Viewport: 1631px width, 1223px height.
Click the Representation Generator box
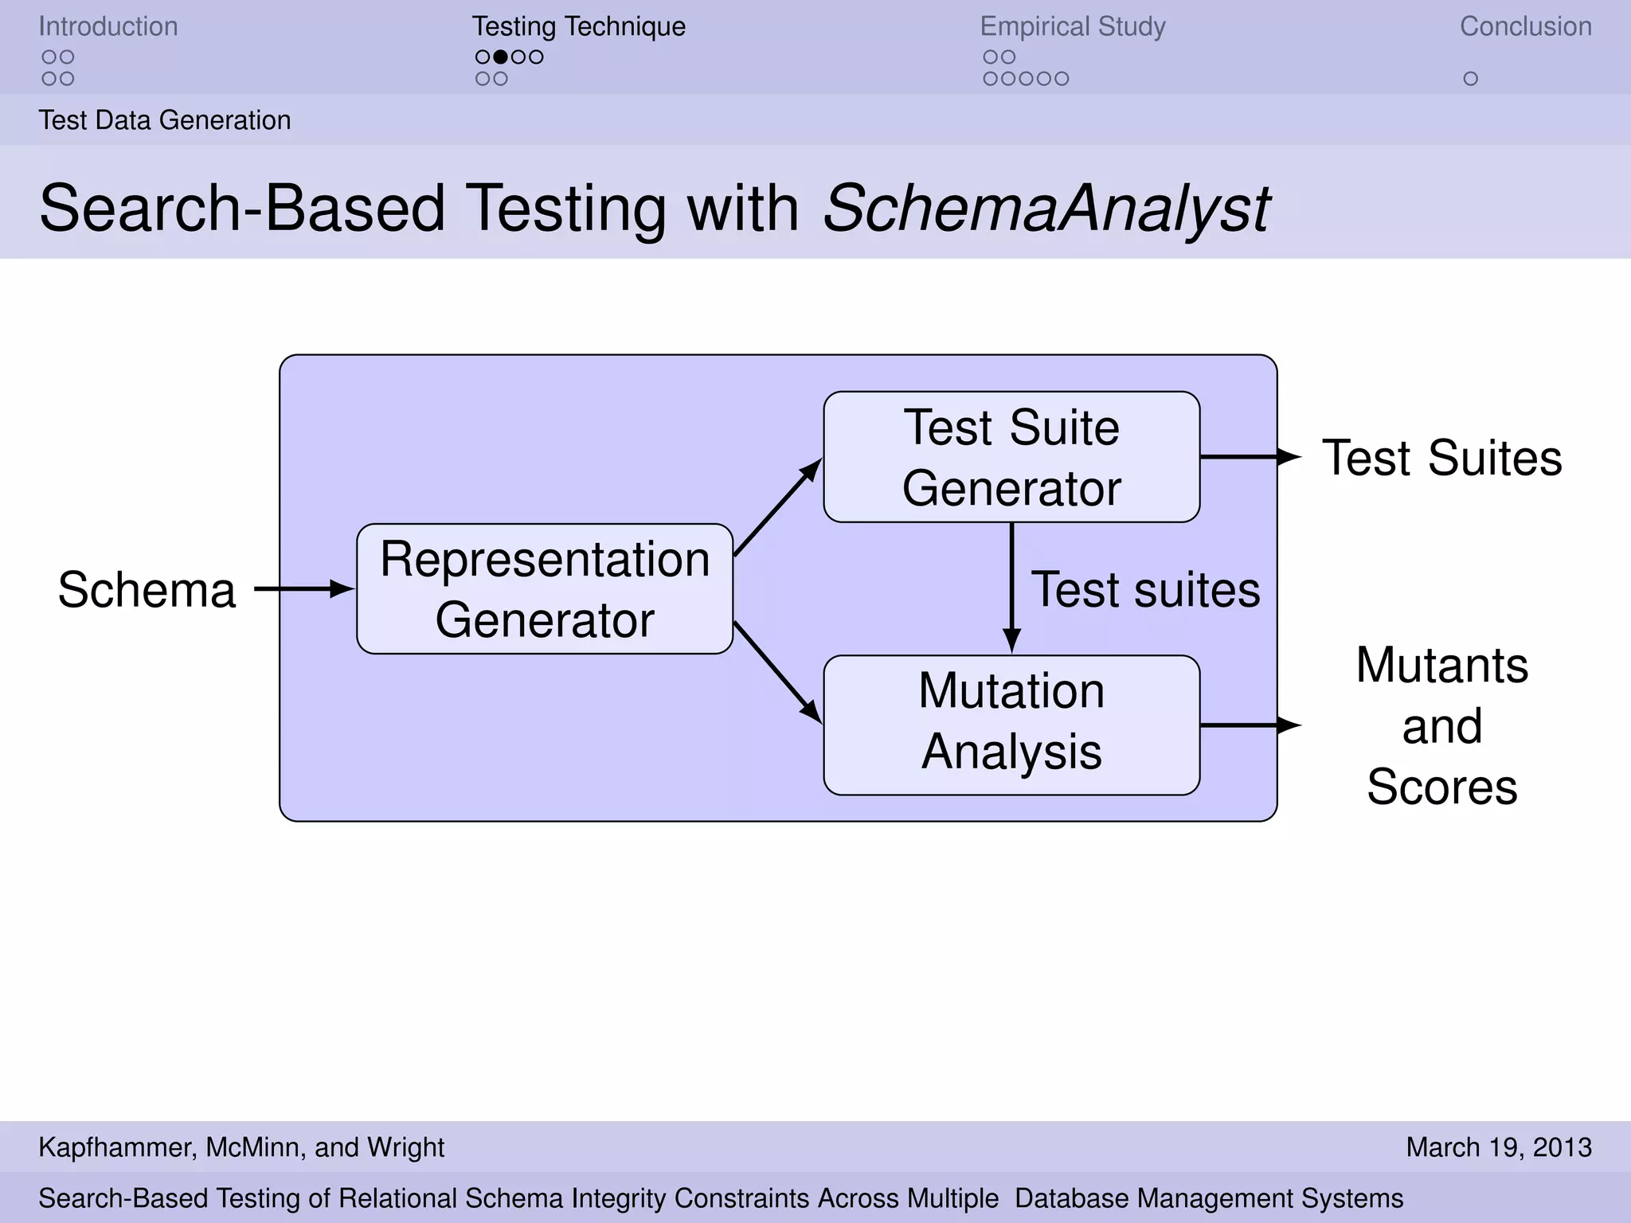coord(545,589)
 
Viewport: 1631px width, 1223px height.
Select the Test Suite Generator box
coord(1011,457)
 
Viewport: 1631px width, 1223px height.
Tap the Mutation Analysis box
coord(1011,725)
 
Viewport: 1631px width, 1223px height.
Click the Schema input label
coord(147,590)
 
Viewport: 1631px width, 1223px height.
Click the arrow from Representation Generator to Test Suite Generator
coord(777,507)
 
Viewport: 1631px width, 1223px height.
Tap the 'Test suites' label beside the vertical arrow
coord(1145,590)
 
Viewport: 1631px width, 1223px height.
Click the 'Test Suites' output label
coord(1441,458)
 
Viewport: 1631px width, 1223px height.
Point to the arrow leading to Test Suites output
coord(1250,457)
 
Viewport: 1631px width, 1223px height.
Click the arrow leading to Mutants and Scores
coord(1250,725)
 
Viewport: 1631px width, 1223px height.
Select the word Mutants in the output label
coord(1441,665)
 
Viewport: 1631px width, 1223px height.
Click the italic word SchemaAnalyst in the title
coord(1046,209)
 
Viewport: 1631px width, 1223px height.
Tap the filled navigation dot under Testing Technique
coord(500,57)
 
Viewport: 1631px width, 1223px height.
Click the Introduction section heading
coord(108,26)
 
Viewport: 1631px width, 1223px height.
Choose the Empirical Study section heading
coord(1072,26)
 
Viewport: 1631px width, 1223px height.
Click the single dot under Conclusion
coord(1470,79)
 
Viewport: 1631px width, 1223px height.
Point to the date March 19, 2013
coord(1498,1147)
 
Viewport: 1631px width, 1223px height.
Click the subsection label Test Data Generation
coord(165,120)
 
